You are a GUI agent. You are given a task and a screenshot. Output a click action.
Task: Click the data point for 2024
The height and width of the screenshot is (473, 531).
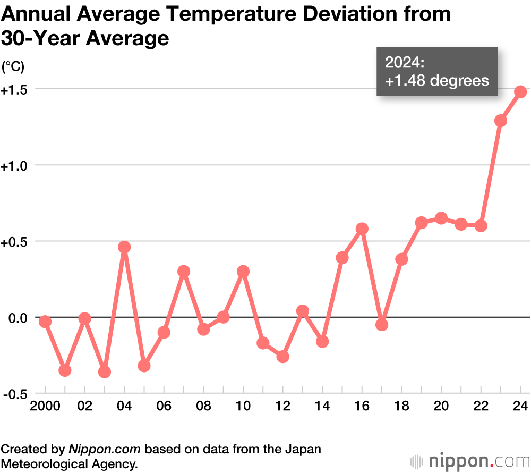(520, 92)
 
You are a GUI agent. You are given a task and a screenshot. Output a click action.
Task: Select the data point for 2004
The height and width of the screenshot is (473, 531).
(124, 247)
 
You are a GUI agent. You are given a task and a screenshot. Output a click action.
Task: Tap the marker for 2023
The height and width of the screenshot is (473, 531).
(501, 121)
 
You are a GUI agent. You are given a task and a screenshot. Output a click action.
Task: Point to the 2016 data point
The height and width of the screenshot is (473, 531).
(362, 229)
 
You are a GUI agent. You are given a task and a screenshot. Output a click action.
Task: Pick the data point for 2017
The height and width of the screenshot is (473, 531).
(382, 325)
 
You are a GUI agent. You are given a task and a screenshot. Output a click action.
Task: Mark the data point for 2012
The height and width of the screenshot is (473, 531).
(283, 357)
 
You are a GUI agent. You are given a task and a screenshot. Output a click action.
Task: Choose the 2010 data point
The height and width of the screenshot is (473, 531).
(243, 272)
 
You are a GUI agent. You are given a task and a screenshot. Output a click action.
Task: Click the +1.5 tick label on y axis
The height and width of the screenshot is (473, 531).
(14, 90)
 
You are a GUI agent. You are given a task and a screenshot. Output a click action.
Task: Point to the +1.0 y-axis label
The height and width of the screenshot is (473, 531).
(14, 166)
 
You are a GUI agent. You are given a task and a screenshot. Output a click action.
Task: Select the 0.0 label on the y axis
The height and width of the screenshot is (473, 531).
(17, 318)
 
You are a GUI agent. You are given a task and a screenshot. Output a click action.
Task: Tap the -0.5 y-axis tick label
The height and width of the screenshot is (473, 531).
(15, 394)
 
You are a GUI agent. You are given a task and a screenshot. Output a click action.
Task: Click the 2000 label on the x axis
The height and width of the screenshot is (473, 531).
(45, 407)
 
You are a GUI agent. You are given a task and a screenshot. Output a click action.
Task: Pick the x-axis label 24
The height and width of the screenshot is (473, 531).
(520, 407)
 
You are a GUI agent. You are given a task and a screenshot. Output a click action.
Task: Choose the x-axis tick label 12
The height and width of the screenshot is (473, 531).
(283, 407)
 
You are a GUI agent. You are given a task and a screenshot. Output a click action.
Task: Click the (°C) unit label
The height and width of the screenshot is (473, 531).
(13, 67)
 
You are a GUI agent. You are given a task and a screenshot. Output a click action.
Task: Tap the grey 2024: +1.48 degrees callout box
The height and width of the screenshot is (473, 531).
(437, 72)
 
